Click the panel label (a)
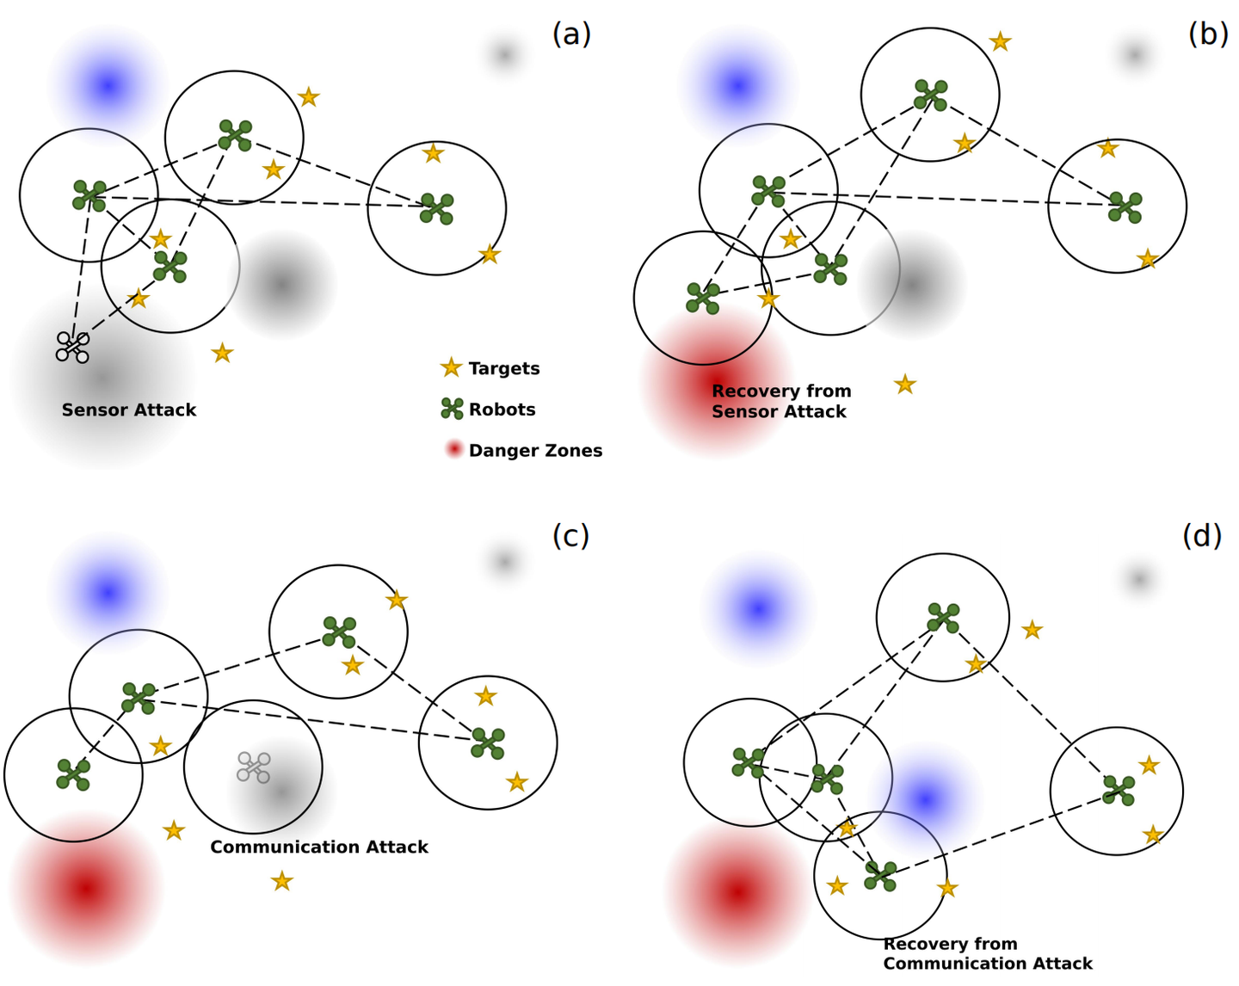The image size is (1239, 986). coord(571,34)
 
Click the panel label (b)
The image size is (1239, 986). coord(1207,34)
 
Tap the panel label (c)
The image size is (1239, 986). coord(570,535)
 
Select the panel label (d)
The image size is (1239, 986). coord(1201,535)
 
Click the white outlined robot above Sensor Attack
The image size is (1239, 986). coord(72,347)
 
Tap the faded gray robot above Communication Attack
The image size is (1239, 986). coord(254,767)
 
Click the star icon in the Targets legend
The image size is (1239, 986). coord(451,368)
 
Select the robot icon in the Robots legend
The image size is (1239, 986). coord(452,410)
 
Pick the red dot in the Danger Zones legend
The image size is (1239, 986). coord(453,449)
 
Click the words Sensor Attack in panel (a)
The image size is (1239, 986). coord(129,410)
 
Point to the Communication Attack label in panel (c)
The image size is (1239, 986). coord(318,847)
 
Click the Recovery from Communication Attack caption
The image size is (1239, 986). coord(987,954)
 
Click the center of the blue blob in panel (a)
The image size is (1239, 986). coord(108,86)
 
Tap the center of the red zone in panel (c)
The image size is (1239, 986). coord(85,888)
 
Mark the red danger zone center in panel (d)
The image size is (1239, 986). coord(737,891)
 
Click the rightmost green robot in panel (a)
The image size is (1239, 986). coord(437,208)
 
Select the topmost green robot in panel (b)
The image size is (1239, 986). coord(931,95)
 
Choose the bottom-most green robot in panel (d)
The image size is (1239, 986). coord(880,876)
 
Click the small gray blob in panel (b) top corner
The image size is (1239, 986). coord(1135,55)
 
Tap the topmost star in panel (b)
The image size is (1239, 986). coord(1000,41)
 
